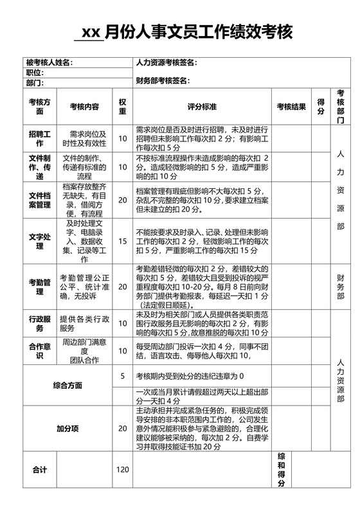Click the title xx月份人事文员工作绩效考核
click(183, 31)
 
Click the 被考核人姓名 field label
click(48, 62)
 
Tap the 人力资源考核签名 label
click(166, 62)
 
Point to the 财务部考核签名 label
click(162, 81)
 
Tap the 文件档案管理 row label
click(40, 200)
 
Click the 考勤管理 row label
click(40, 287)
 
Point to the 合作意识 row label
click(40, 350)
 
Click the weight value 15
click(122, 241)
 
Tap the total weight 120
click(122, 470)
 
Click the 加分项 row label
click(67, 429)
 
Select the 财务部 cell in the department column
click(341, 287)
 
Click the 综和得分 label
click(281, 470)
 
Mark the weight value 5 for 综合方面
click(122, 375)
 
